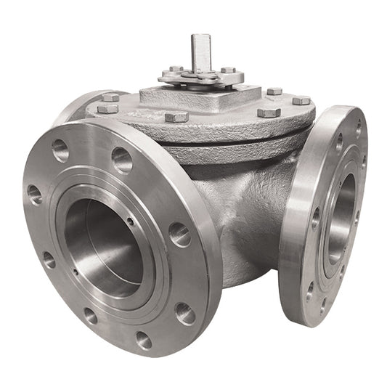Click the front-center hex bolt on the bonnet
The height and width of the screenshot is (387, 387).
click(177, 116)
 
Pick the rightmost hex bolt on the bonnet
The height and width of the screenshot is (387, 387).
click(301, 100)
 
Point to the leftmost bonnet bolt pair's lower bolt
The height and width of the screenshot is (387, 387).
click(107, 109)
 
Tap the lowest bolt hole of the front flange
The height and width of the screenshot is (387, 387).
click(143, 340)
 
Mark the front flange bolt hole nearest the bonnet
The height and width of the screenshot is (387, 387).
click(179, 233)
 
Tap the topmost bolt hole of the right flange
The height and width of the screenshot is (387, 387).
click(357, 129)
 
